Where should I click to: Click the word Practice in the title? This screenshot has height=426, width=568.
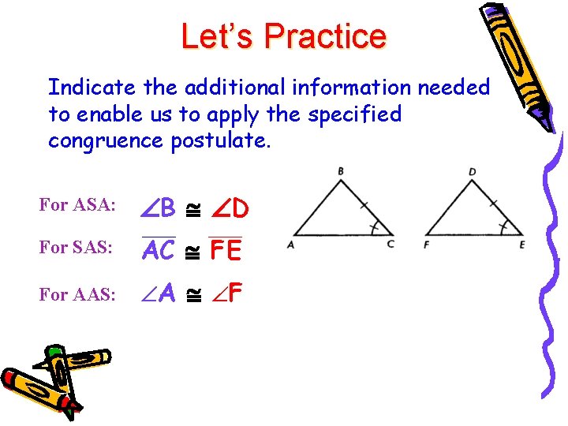[x=325, y=36]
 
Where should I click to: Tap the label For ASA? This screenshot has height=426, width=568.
[x=77, y=205]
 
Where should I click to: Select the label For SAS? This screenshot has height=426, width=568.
[x=77, y=247]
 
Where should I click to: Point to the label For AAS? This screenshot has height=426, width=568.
[x=77, y=294]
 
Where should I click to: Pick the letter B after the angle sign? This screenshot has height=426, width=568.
[x=166, y=210]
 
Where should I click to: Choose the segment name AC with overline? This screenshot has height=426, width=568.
[x=159, y=251]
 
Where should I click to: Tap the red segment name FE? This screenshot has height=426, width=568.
[x=226, y=251]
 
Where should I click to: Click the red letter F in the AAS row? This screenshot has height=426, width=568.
[x=234, y=294]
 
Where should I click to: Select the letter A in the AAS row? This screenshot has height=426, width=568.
[x=166, y=294]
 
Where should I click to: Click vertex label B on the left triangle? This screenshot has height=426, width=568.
[x=340, y=170]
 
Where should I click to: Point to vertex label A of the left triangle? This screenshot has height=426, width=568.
[x=290, y=245]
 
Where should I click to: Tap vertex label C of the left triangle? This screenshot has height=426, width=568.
[x=390, y=245]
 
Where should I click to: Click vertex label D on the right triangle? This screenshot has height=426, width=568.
[x=472, y=171]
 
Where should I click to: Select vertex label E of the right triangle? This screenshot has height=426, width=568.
[x=522, y=245]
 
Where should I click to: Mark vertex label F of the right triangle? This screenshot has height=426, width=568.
[x=426, y=245]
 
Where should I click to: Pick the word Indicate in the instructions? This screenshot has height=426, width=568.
[x=82, y=87]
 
